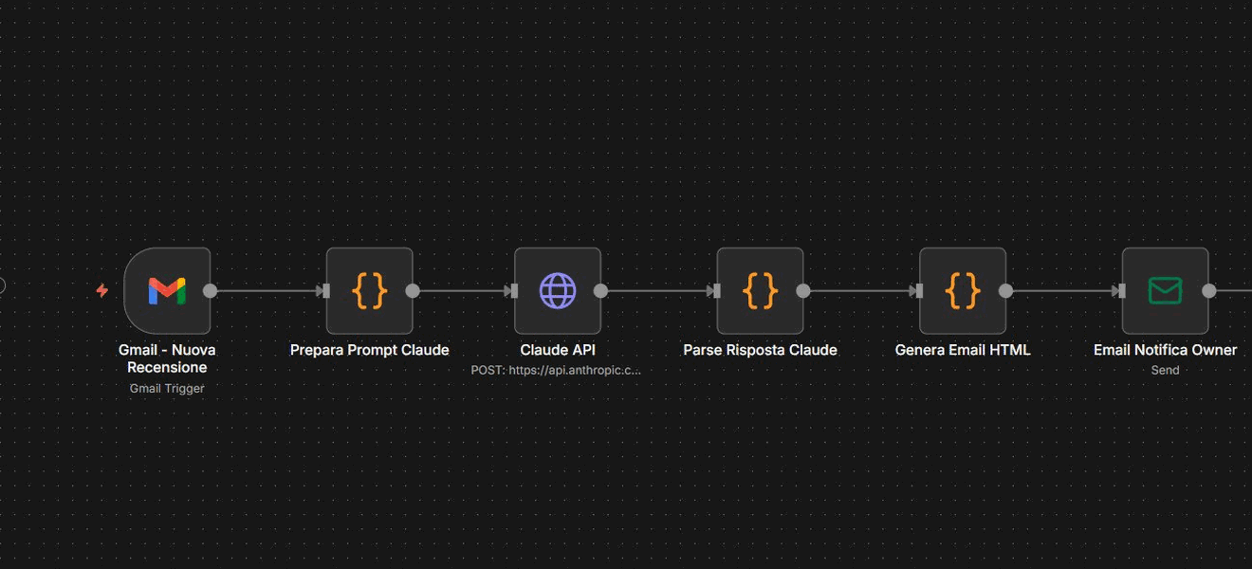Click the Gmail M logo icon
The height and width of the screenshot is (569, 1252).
coord(167,290)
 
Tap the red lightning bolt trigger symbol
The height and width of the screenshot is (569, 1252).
coord(102,290)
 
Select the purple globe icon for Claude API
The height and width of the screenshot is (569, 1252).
coord(558,290)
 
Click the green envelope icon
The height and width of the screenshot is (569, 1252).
coord(1165,290)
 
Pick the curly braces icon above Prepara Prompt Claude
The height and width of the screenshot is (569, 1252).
coord(370,290)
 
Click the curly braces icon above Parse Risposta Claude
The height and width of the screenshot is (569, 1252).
coord(760,290)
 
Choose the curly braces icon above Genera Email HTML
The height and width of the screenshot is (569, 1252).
coord(963,290)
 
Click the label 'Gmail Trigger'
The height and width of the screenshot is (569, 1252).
coord(167,388)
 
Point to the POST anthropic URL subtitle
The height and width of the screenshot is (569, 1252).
coord(556,370)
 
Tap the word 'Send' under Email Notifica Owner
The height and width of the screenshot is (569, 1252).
coord(1165,370)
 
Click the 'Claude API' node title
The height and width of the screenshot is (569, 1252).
coord(558,350)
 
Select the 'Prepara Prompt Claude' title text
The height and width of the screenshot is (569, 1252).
coord(370,350)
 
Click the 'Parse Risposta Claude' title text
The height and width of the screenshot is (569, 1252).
coord(760,350)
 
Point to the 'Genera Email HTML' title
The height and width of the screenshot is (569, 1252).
coord(963,350)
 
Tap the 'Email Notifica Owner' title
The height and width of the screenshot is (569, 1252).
coord(1165,350)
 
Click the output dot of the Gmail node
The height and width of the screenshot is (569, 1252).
coord(211,290)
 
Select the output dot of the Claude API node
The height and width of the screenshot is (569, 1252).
coord(600,290)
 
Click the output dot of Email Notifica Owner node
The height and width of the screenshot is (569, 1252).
coord(1208,290)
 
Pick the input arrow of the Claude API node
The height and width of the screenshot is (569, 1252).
coord(511,290)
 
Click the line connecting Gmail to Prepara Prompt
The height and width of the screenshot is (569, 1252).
coord(267,290)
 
